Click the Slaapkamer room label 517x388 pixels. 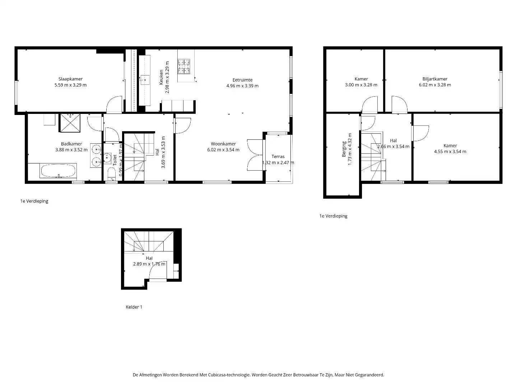[x=70, y=79]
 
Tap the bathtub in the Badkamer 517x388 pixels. [x=58, y=171]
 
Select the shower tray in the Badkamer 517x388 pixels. [x=70, y=123]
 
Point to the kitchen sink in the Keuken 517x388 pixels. [x=145, y=80]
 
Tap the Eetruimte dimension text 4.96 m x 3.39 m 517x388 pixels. [x=242, y=86]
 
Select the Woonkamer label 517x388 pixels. [x=223, y=144]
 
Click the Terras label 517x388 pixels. [x=278, y=157]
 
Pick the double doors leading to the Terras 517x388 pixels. [x=255, y=154]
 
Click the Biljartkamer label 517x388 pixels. [x=435, y=79]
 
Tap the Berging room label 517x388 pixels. [x=344, y=149]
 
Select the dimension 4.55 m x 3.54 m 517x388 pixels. [x=450, y=152]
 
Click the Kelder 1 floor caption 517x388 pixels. [x=134, y=307]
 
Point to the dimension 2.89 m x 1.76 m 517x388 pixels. [x=149, y=264]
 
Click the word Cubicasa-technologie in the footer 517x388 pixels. [x=228, y=375]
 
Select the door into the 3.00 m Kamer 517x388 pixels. [x=370, y=105]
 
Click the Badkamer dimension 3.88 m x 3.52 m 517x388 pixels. [x=71, y=150]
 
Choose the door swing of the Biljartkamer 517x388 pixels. [x=399, y=105]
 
